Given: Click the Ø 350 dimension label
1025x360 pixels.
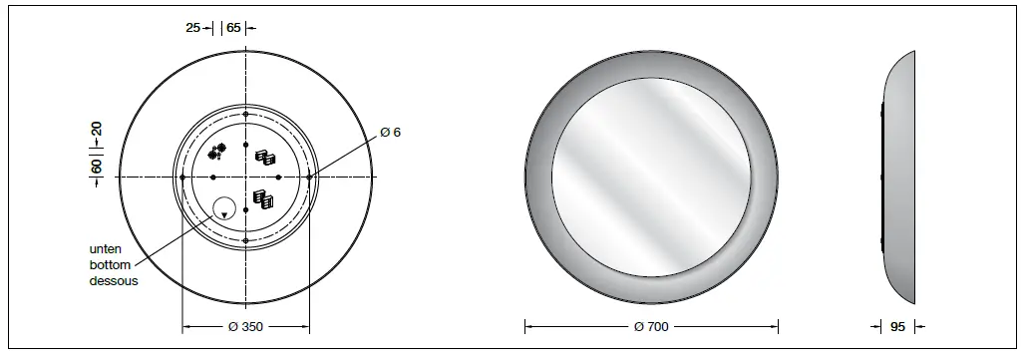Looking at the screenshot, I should [244, 326].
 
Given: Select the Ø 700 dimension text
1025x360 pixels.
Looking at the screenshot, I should [651, 326].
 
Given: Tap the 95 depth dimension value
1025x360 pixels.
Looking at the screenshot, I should [896, 326].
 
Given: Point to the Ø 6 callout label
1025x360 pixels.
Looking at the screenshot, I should [391, 132].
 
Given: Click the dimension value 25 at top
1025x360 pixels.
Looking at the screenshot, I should [193, 28].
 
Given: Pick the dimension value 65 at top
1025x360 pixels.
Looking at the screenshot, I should [234, 28].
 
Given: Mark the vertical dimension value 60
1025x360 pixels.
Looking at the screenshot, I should [97, 166].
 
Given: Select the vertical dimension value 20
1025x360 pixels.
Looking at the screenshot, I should [97, 131].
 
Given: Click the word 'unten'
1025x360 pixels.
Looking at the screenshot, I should [106, 249].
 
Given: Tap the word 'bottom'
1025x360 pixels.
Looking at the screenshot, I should [109, 265].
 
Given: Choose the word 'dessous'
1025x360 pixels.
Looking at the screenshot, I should [113, 281].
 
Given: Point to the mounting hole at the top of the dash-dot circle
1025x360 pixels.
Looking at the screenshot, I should [245, 113].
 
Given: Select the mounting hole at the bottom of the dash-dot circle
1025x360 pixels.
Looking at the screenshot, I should [245, 240].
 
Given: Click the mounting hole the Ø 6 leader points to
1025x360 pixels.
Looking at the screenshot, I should [309, 177].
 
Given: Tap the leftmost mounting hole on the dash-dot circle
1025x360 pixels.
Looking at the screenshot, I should [182, 177].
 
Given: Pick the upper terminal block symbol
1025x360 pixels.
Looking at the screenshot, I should [265, 158].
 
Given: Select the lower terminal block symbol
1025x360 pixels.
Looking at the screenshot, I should [264, 198].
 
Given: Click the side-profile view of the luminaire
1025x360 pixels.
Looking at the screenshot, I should [896, 177].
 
